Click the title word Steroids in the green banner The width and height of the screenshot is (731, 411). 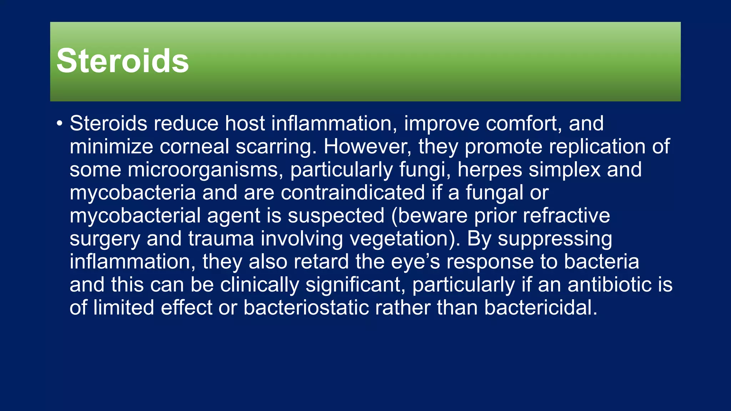(122, 61)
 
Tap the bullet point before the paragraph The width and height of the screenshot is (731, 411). (59, 124)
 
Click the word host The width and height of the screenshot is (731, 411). (245, 123)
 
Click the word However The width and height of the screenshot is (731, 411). (368, 147)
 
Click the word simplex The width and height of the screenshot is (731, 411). (565, 169)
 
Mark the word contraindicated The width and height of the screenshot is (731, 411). (353, 193)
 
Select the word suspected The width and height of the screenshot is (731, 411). (336, 216)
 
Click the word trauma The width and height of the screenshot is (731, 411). (221, 239)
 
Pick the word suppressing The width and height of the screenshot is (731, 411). (555, 239)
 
